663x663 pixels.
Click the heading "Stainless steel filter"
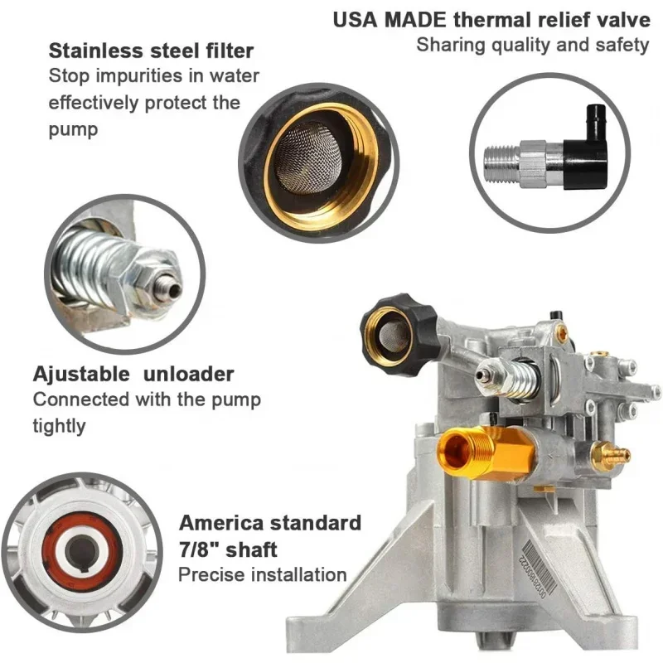tap(151, 50)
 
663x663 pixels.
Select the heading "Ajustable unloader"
tap(133, 374)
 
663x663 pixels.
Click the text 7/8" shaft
tap(228, 549)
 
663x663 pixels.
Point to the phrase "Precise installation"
tap(263, 574)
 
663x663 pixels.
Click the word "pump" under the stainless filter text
tap(73, 128)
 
